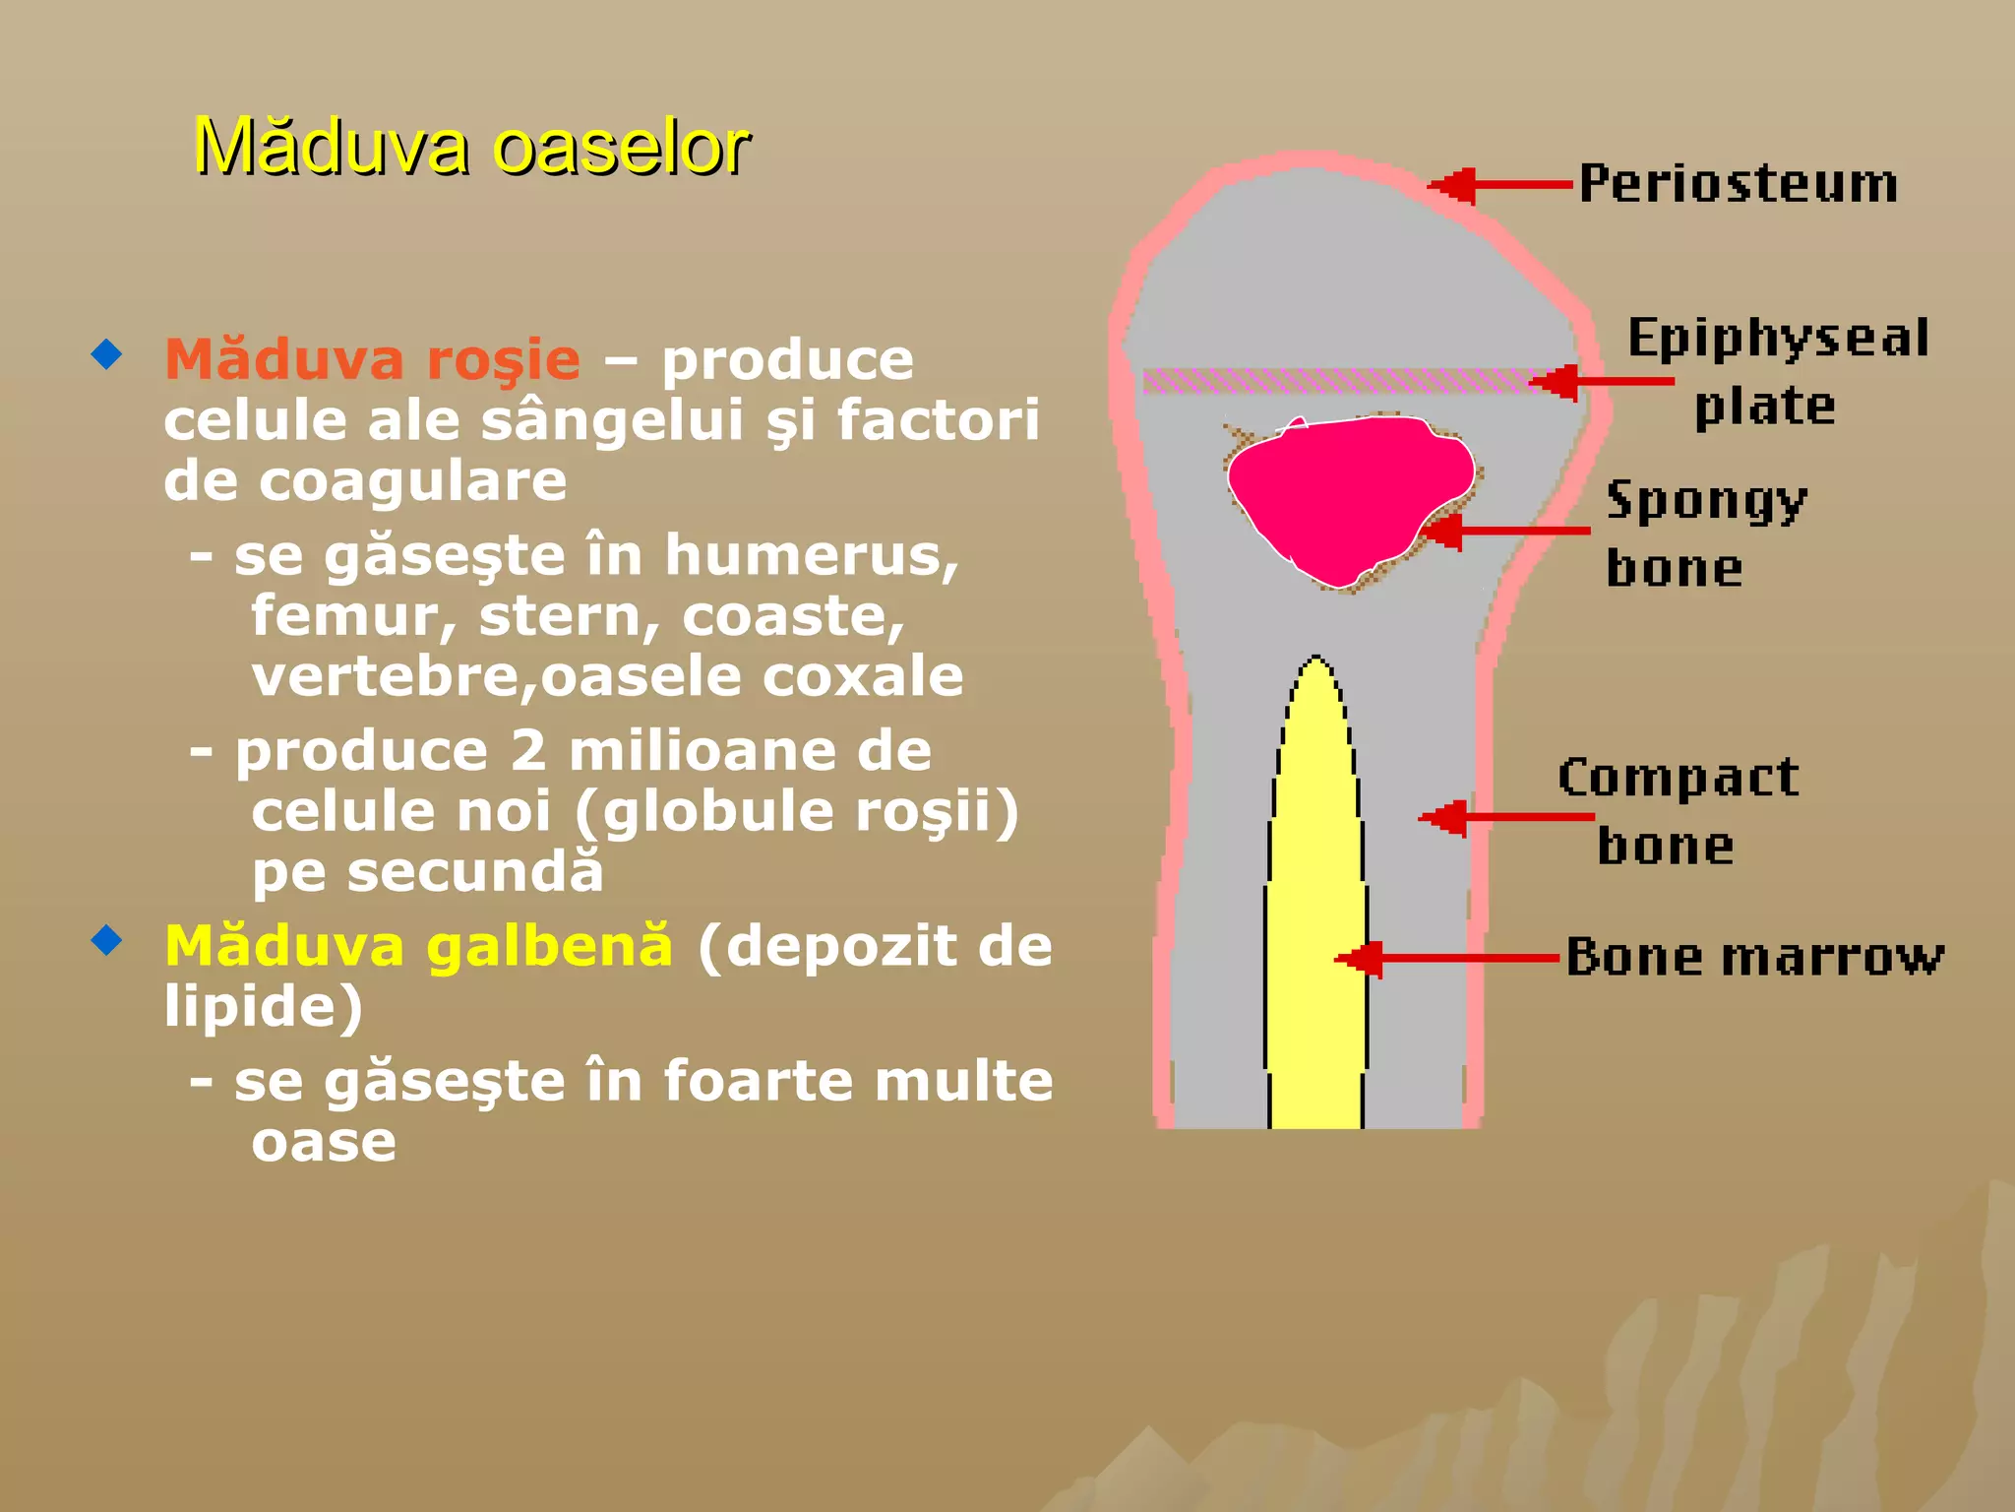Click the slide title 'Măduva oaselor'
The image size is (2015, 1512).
(471, 148)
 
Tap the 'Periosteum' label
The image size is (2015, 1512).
(1739, 184)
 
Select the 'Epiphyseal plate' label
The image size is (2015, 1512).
(1777, 372)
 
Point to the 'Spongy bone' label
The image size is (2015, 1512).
(1706, 534)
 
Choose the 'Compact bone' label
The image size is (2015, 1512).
(1678, 811)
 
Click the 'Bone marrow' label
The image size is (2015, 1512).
(1754, 957)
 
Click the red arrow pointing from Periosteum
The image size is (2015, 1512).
(1500, 185)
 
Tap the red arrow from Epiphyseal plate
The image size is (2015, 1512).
(1604, 381)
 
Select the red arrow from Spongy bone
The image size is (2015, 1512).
(1505, 532)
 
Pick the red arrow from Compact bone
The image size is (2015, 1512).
(1505, 817)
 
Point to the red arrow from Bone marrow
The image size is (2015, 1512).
(1446, 958)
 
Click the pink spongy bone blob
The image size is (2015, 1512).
(1348, 492)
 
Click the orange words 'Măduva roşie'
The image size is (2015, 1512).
(372, 359)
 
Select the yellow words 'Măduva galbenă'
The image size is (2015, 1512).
(419, 946)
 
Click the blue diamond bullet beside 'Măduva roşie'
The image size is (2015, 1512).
(106, 353)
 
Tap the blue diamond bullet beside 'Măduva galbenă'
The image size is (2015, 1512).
(106, 940)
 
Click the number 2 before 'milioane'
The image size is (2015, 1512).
(528, 751)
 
